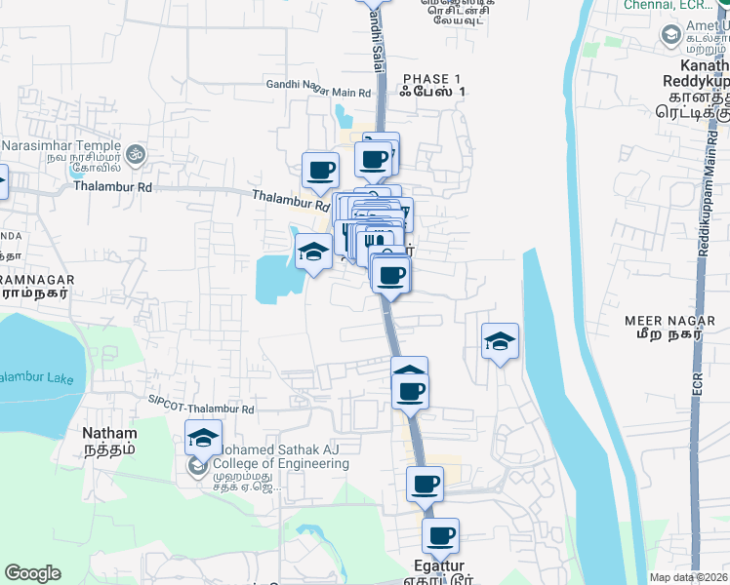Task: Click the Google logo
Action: (33, 573)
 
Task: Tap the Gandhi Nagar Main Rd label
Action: (319, 85)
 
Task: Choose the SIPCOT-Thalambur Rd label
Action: (201, 400)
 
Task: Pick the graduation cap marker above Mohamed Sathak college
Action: (203, 439)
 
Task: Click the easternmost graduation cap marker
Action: (500, 342)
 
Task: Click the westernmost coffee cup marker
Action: (320, 171)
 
